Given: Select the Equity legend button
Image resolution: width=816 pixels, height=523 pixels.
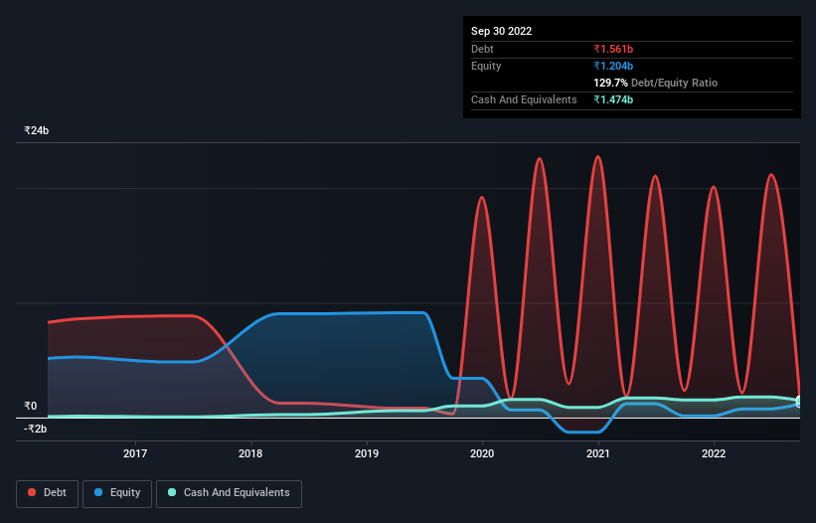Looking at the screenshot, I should [118, 493].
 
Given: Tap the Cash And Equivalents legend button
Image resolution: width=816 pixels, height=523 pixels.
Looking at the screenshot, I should [229, 493].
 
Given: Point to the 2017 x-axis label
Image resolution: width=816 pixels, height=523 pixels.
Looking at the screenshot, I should [135, 453].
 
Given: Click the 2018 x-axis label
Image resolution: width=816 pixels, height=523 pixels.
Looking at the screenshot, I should [251, 453].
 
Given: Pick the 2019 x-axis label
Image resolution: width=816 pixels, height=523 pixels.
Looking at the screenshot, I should [367, 453].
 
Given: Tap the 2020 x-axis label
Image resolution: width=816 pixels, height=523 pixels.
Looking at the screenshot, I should [482, 453].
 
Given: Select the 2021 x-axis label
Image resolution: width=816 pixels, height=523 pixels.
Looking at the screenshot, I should [597, 453].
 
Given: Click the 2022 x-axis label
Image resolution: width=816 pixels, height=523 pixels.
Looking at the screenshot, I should [713, 453].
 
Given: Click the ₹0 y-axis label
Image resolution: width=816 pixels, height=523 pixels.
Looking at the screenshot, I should [30, 406].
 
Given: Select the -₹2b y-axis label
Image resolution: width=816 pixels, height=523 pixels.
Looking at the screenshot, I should [35, 429].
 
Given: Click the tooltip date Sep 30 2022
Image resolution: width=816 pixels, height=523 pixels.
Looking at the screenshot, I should [502, 31].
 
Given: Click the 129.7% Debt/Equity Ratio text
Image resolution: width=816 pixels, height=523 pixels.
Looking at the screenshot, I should [656, 84].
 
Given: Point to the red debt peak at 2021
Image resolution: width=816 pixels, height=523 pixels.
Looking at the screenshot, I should [597, 156].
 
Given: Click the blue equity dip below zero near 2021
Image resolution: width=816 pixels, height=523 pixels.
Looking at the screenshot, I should [582, 432].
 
